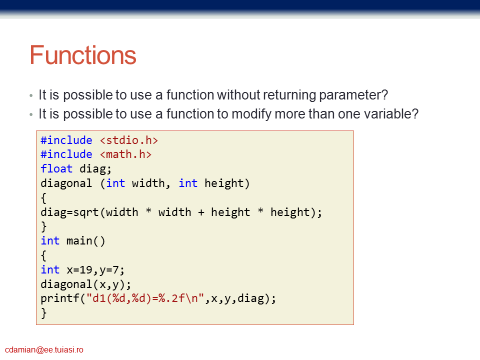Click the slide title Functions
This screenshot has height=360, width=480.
[x=83, y=55]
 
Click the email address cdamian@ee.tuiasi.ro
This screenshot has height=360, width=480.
[x=44, y=349]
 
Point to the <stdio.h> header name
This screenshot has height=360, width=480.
[x=129, y=140]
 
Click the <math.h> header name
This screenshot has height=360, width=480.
[x=125, y=154]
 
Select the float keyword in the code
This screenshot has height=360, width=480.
[x=56, y=168]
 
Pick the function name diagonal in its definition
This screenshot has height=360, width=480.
[x=66, y=183]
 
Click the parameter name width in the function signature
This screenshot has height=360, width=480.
[x=148, y=183]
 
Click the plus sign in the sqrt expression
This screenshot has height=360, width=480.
[x=201, y=212]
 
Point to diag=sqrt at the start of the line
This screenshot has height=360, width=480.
[x=69, y=212]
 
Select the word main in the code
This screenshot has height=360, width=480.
[x=79, y=241]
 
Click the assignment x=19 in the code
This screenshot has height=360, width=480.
[x=79, y=269]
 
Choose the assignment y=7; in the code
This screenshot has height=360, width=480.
[x=112, y=270]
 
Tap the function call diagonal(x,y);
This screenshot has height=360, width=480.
[x=85, y=284]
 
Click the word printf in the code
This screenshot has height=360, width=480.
[x=59, y=298]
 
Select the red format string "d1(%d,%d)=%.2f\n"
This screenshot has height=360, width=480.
[x=145, y=298]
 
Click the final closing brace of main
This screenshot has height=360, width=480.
[x=44, y=313]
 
